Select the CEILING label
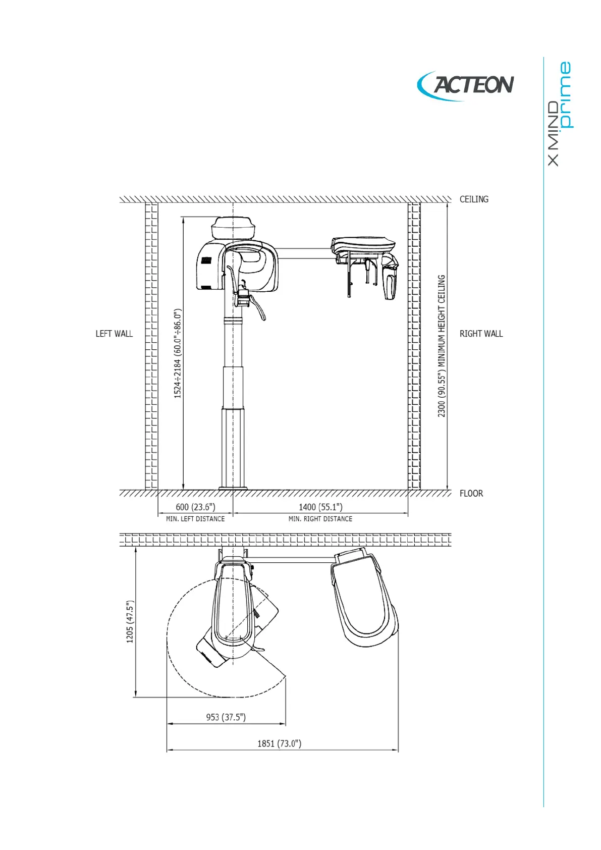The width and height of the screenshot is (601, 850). tap(474, 199)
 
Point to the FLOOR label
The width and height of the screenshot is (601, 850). tap(471, 493)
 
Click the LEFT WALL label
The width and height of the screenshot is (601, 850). tap(114, 334)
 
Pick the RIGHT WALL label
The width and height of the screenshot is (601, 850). tap(481, 334)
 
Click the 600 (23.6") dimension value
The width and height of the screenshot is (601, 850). tap(195, 507)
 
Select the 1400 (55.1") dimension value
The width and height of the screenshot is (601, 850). tap(320, 507)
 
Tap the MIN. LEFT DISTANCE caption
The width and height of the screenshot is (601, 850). tap(195, 519)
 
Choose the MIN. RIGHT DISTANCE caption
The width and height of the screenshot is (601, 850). tap(320, 519)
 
